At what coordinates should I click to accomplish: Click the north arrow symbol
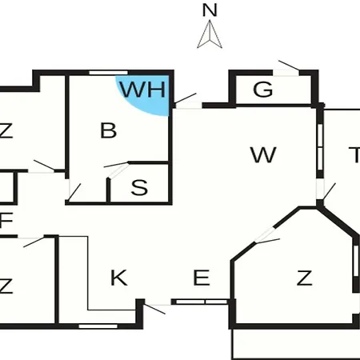(x=210, y=34)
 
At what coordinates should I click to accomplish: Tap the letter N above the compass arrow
(x=210, y=10)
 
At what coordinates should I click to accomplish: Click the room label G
(x=263, y=90)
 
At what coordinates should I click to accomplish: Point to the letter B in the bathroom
(x=108, y=130)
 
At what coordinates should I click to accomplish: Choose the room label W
(x=263, y=154)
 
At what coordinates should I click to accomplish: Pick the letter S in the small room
(x=139, y=187)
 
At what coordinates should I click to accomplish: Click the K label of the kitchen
(x=118, y=278)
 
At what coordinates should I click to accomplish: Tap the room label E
(x=201, y=278)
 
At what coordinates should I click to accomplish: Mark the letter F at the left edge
(x=6, y=220)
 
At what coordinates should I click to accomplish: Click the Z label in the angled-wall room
(x=304, y=278)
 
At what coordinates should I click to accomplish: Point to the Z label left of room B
(x=6, y=130)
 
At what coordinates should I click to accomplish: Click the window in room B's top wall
(x=108, y=73)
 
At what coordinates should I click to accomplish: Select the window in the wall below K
(x=98, y=326)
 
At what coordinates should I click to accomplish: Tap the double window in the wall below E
(x=202, y=302)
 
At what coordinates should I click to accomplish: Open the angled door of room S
(x=117, y=170)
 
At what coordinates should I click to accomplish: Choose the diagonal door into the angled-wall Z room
(x=266, y=236)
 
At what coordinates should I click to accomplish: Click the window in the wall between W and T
(x=320, y=146)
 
